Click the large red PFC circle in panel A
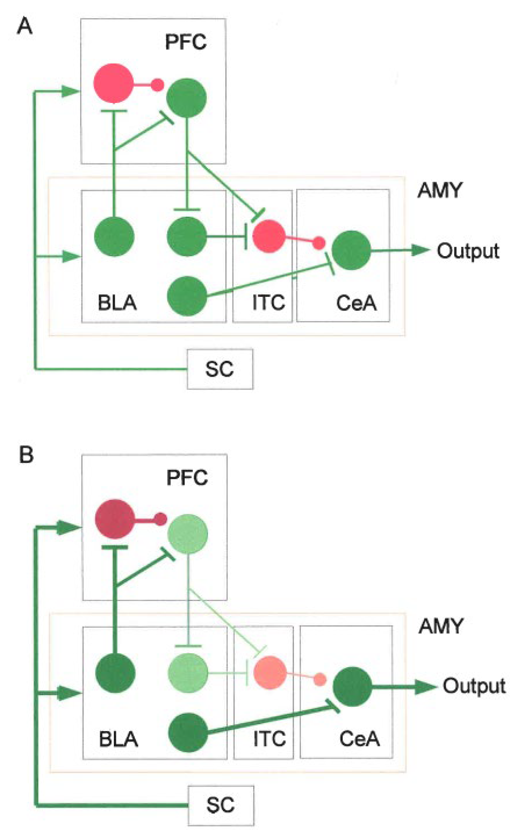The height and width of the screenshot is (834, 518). click(x=113, y=83)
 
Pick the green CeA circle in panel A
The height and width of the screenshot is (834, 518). click(x=351, y=250)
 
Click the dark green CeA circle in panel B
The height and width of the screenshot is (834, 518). click(x=352, y=686)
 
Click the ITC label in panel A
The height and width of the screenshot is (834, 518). click(x=268, y=303)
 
